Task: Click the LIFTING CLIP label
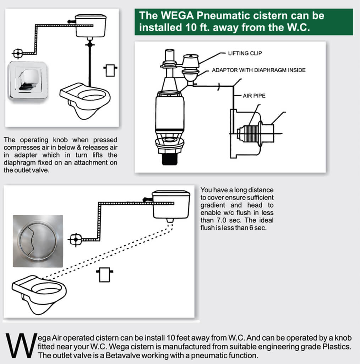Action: (245, 53)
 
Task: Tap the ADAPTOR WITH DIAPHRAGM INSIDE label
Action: (258, 70)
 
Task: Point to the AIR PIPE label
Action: (254, 96)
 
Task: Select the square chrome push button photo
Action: (27, 81)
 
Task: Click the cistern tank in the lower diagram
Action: (170, 205)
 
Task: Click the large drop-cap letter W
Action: (20, 345)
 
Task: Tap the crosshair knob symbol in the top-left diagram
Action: (17, 54)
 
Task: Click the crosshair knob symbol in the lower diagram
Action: (75, 240)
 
